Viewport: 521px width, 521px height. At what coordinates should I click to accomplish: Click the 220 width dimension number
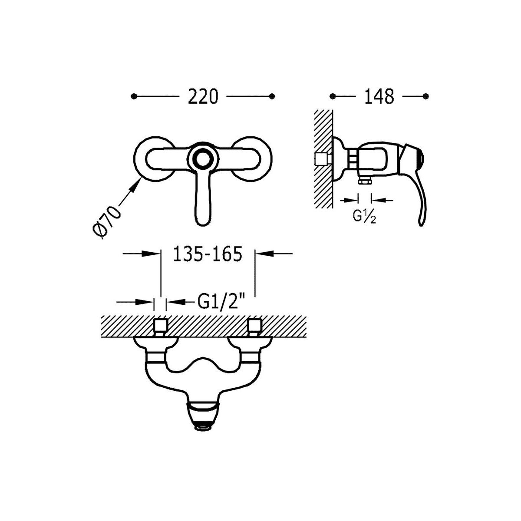pos(203,96)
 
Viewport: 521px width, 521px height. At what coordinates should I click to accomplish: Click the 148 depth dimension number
pos(379,96)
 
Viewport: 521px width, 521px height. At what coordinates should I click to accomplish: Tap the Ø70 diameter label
pos(106,222)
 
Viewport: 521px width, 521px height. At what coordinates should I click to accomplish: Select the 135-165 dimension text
pos(208,254)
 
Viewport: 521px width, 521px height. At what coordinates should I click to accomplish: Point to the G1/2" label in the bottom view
pos(221,301)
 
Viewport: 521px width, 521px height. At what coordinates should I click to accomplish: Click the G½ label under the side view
pos(364,216)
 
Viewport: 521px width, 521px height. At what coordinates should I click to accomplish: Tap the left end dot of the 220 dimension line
pos(134,96)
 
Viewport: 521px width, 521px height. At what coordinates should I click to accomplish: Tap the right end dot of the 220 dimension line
pos(272,96)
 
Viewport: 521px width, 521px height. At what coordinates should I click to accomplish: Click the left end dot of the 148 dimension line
pos(333,96)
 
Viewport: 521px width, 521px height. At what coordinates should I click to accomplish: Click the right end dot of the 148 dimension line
pos(426,96)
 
